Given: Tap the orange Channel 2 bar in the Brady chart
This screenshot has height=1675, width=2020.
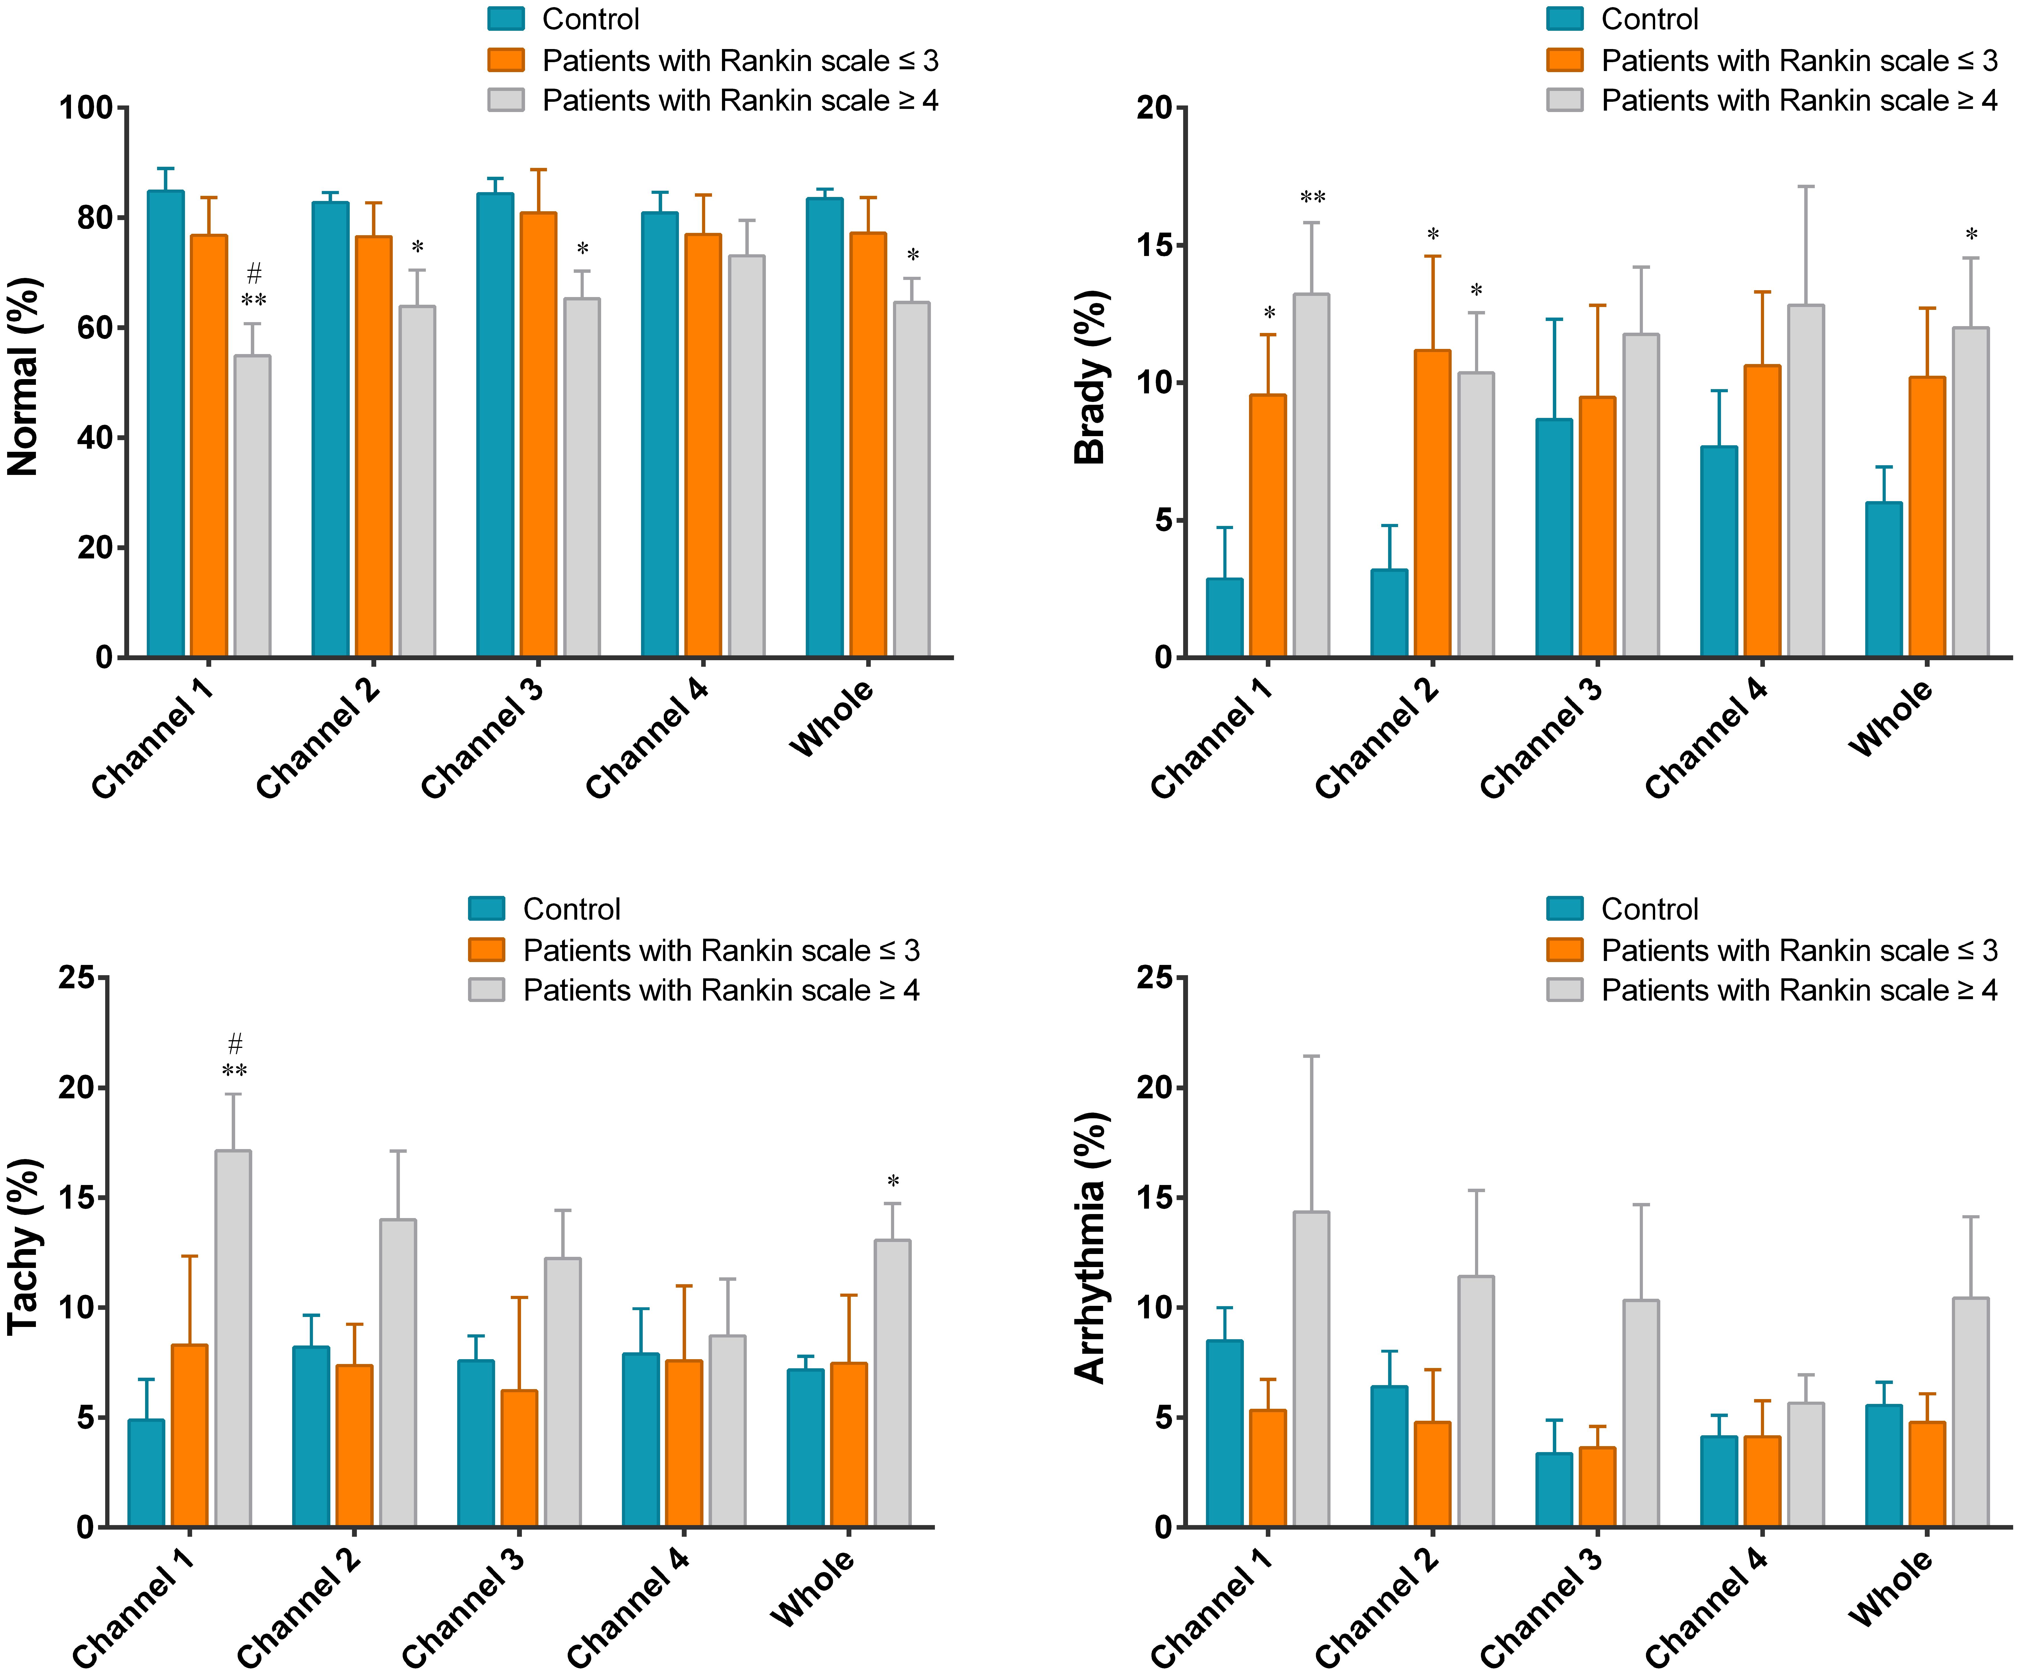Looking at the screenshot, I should [1432, 503].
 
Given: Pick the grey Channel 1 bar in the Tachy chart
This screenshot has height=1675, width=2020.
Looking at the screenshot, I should [233, 1337].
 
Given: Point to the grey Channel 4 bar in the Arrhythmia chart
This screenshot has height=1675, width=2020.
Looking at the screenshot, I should [1805, 1464].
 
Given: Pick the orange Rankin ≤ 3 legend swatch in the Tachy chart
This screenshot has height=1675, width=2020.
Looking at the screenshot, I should [487, 950].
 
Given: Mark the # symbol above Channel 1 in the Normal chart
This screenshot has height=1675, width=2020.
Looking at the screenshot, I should [254, 273].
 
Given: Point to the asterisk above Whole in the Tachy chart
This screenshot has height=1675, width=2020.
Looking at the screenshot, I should [893, 1182].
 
